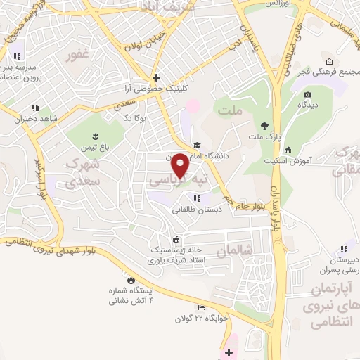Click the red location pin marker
(x=181, y=165)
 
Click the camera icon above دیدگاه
(x=307, y=94)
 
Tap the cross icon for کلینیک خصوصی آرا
(x=156, y=77)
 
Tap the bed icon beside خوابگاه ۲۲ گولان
(x=202, y=307)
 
